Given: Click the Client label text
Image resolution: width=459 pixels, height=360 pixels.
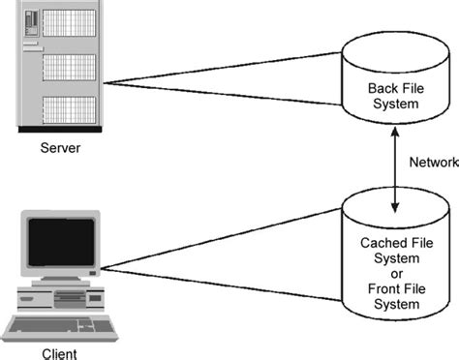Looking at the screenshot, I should coord(59,352).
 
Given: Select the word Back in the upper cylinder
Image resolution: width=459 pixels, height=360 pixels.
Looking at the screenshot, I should coord(381,89).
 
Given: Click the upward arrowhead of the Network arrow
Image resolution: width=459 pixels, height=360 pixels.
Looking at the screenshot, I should coord(395,131).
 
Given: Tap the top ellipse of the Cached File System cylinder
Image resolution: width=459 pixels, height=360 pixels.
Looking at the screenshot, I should coord(395,205).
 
